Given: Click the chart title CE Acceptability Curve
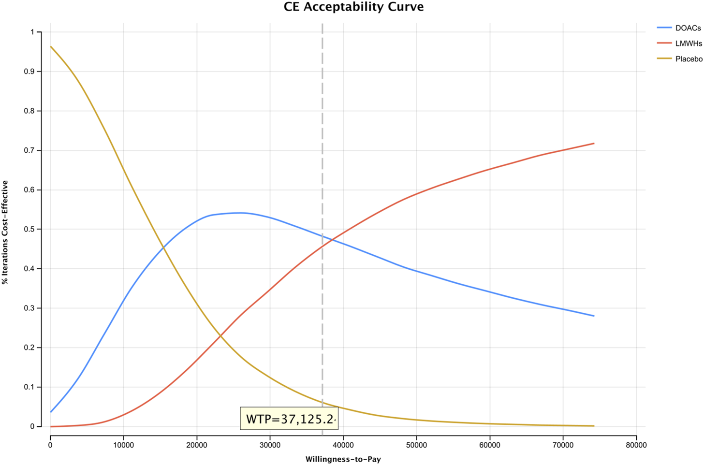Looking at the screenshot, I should [353, 7].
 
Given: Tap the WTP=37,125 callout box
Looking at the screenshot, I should [289, 419].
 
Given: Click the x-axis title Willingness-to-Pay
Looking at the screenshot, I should [343, 459].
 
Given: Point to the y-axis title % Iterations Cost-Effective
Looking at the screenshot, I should [5, 232].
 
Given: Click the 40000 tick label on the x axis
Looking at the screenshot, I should [343, 445].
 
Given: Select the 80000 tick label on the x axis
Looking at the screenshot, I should [636, 445].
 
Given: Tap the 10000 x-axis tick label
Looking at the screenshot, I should [123, 445].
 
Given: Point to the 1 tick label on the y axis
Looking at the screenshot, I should [32, 32].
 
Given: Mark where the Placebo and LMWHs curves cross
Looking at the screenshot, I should [220, 336].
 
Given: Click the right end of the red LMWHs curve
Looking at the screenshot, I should [593, 144].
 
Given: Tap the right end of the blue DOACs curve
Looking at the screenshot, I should [593, 316].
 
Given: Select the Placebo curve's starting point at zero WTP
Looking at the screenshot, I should [51, 47].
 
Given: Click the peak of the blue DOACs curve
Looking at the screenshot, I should [240, 213].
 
